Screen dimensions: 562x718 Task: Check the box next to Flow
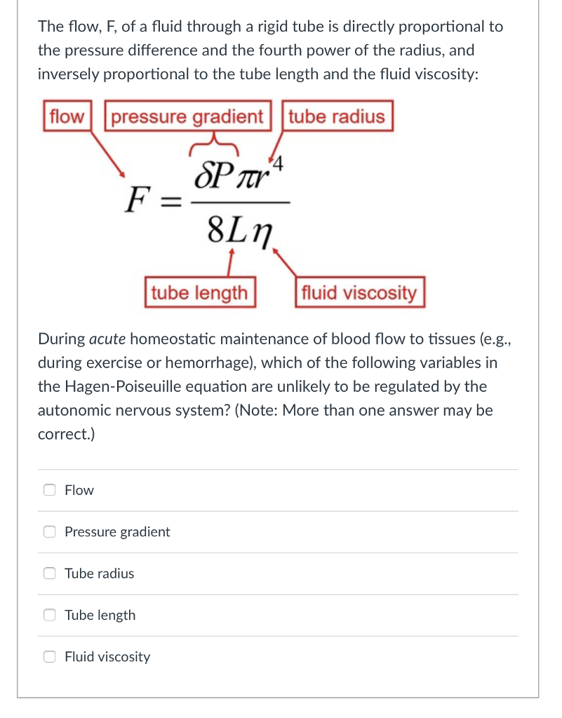tap(50, 490)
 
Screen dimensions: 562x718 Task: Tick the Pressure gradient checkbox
tap(50, 531)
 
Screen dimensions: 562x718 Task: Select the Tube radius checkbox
tap(50, 574)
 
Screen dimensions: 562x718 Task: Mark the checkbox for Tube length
tap(50, 615)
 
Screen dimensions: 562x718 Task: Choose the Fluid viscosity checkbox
tap(50, 657)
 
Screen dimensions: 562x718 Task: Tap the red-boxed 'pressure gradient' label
tap(187, 116)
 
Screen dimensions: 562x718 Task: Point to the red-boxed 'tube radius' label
tap(337, 116)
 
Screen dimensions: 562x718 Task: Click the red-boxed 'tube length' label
tap(200, 292)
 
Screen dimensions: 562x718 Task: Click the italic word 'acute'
tap(108, 339)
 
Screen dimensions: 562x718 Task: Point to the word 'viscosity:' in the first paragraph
tap(444, 74)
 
